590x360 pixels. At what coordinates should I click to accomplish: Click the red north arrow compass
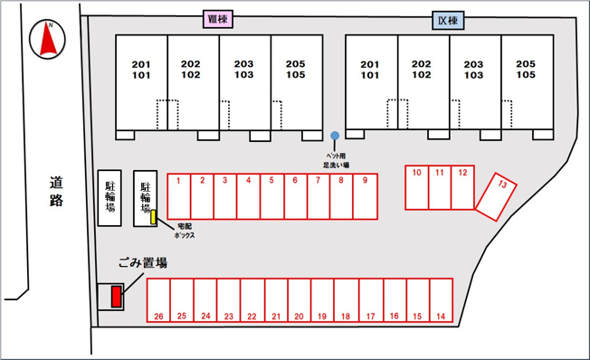pos(47,40)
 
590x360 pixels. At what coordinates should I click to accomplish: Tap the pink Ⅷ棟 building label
pos(218,19)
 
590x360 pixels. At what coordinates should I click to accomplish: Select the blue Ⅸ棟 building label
pos(448,20)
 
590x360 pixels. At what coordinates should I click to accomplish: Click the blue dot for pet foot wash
pos(335,136)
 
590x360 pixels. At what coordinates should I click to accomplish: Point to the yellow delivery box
pos(153,217)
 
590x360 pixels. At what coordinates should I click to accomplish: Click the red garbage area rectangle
pos(116,297)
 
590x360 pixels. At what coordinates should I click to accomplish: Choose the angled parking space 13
pos(496,197)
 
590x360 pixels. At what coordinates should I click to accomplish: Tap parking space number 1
pos(179,196)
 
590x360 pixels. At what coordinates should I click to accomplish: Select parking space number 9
pos(366,196)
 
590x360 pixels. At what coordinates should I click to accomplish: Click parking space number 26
pos(158,300)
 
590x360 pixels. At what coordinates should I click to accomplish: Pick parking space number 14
pos(441,300)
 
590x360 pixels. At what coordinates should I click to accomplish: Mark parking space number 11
pos(440,187)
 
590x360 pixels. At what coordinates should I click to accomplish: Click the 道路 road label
pos(56,192)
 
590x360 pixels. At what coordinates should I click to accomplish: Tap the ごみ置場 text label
pos(143,262)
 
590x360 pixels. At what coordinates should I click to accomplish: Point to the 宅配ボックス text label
pos(185,231)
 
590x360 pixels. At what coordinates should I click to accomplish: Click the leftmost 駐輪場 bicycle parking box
pos(109,198)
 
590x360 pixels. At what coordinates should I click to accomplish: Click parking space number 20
pos(300,300)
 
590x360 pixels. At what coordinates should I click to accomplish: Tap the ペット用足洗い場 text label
pos(336,160)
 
